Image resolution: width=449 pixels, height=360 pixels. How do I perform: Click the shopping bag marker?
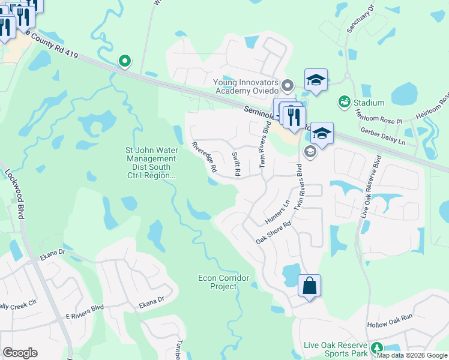[309, 286]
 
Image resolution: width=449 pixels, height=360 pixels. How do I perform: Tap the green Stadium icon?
[344, 102]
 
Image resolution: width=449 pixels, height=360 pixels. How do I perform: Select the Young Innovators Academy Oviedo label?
[246, 86]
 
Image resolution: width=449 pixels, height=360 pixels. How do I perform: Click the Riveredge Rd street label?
[203, 157]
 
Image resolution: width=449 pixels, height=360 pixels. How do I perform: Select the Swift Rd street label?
[236, 164]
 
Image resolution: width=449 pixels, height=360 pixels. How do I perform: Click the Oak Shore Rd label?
[273, 232]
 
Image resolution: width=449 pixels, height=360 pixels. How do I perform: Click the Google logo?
[20, 353]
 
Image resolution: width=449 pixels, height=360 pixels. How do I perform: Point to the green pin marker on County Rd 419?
[125, 61]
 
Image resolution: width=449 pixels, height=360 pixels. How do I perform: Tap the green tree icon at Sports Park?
[377, 348]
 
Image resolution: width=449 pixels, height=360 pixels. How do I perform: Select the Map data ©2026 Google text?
[412, 355]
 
